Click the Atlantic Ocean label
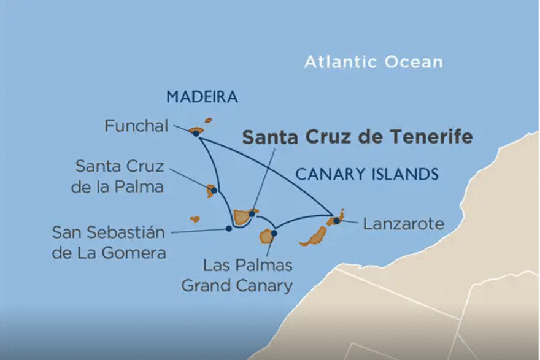coord(373,62)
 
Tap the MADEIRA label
coord(202,97)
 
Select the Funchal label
coord(136,126)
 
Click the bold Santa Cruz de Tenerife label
coord(357,137)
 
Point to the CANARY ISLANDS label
coord(367,174)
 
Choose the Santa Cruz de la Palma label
coord(118,177)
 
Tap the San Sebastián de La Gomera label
coord(109,242)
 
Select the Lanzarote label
coord(403,224)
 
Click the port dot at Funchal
coord(196,133)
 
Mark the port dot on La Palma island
coord(214,190)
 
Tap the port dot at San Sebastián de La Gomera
coord(229,228)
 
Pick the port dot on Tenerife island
coord(252,213)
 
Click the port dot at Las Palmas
coord(274,233)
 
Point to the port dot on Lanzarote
coord(336,221)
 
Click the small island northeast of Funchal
coord(208,121)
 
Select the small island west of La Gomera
coord(195,219)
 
